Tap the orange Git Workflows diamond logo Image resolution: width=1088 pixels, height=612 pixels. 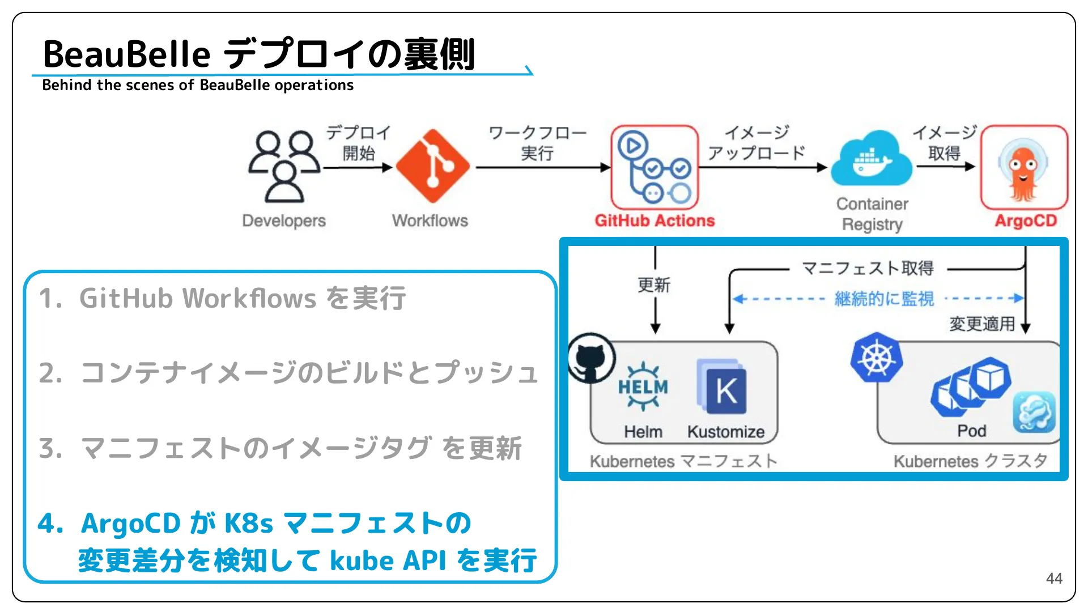coord(433,165)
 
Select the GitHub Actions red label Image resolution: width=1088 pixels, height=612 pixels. coord(654,220)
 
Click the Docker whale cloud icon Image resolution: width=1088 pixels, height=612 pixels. coord(871,159)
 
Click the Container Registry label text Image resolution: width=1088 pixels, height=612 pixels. coord(872,214)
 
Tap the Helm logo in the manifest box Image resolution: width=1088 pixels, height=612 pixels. coord(643,387)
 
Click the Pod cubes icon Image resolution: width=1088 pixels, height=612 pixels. coord(971,385)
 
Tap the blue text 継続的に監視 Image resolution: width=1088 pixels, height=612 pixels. coord(884,299)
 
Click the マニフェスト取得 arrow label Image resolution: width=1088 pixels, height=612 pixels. coord(868,268)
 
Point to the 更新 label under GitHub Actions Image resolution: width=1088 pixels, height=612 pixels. coord(654,285)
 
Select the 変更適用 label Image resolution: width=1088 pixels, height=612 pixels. coord(981,324)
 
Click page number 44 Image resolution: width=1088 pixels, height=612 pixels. coord(1053,579)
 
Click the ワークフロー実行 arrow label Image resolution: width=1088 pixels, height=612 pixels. coord(537,143)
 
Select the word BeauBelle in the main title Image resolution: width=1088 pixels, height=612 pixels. coord(126,54)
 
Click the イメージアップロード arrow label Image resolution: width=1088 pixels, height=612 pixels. coord(756,143)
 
